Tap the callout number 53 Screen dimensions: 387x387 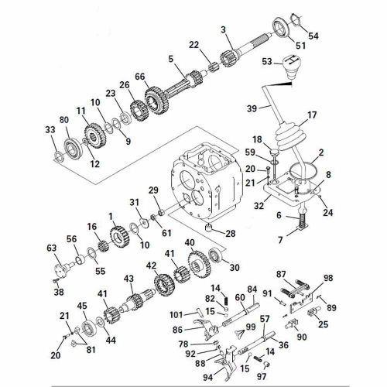(x=267, y=62)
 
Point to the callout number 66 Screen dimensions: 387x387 (x=140, y=77)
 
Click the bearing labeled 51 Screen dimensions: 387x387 (x=282, y=27)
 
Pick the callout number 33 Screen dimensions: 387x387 (x=50, y=129)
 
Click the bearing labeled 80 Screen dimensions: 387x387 (x=74, y=148)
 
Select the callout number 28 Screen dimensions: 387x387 (x=231, y=234)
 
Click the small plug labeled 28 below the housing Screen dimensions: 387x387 (x=210, y=228)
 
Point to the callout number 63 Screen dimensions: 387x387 (x=52, y=248)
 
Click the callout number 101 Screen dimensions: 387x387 (x=176, y=315)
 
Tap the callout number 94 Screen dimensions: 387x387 (x=208, y=378)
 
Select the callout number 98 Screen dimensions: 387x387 (x=328, y=278)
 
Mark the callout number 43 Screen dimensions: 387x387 (x=128, y=279)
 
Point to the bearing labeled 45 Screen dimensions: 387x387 (x=89, y=327)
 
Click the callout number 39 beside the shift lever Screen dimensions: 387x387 (x=252, y=108)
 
